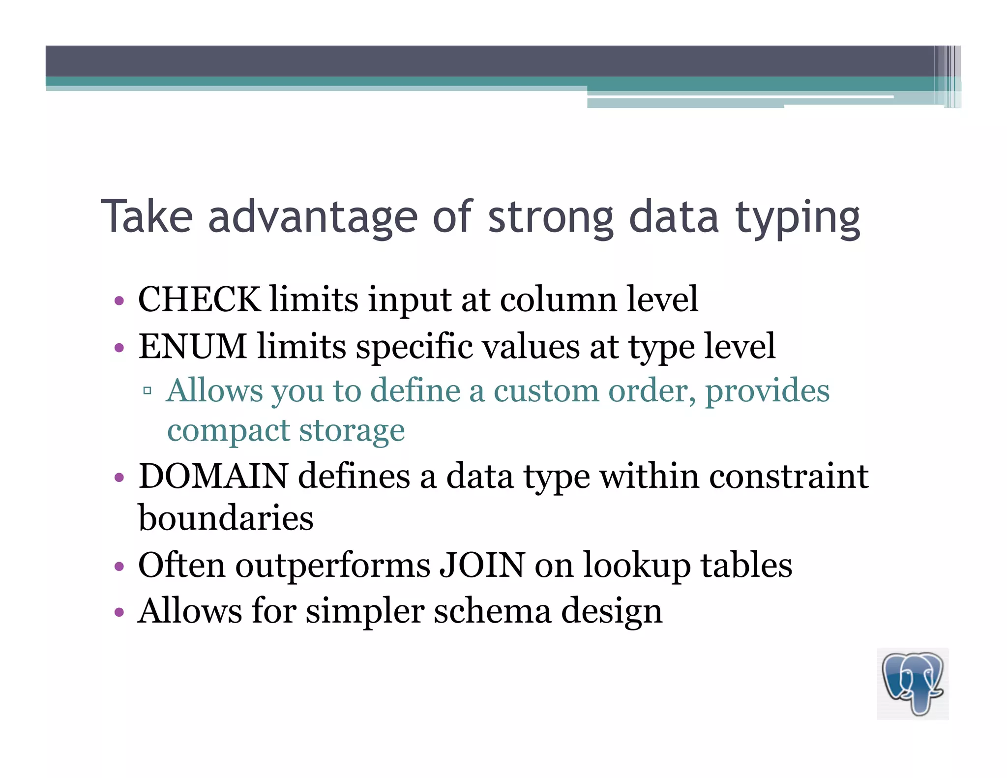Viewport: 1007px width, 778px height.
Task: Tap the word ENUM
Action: pos(192,346)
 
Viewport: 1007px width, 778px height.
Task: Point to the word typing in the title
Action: pos(798,218)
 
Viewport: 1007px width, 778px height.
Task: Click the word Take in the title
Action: pos(147,216)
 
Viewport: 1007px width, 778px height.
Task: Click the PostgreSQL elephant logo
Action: pos(913,684)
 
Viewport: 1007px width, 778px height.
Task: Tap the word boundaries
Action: pos(226,518)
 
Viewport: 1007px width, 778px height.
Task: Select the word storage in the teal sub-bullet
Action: pos(352,431)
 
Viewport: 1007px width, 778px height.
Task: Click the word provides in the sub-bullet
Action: pos(768,391)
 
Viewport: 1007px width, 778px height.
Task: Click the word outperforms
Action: pos(333,566)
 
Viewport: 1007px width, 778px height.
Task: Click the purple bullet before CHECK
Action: pos(118,300)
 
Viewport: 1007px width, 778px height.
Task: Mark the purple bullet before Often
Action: pos(118,566)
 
